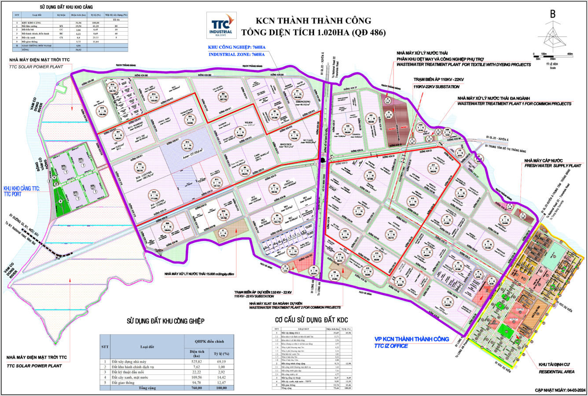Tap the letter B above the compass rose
click(x=552, y=14)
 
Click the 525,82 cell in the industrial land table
click(x=196, y=362)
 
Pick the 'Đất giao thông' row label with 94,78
click(x=127, y=382)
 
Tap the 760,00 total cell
click(x=196, y=389)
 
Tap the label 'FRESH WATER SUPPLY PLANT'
click(x=552, y=166)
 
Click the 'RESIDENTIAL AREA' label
click(x=557, y=372)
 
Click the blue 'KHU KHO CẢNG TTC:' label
click(x=21, y=188)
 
